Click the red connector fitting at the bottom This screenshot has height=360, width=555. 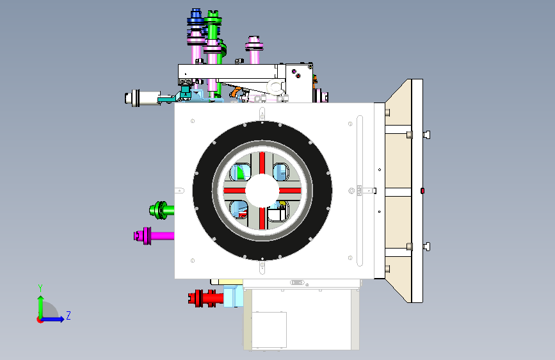tap(205, 298)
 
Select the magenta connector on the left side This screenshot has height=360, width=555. tap(154, 236)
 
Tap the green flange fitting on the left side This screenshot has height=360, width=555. tap(161, 210)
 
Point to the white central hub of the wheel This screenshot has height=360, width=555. tap(262, 190)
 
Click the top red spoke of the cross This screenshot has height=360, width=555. tap(262, 163)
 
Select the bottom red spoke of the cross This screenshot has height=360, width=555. tap(262, 218)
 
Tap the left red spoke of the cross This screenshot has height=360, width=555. tap(234, 191)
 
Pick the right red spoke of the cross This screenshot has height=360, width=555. tap(290, 191)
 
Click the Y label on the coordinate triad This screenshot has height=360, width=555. tap(40, 288)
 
